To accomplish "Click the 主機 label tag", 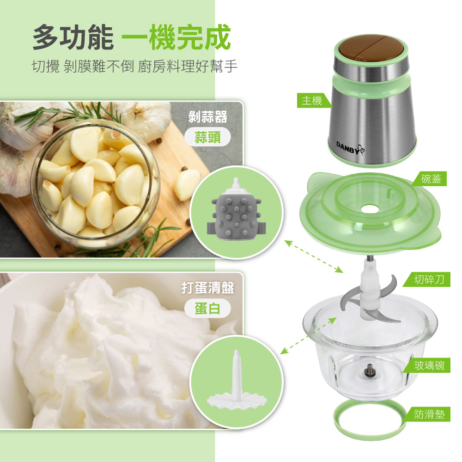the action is pyautogui.click(x=313, y=100).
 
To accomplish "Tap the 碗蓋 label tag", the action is pyautogui.click(x=430, y=179).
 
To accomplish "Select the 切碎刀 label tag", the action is pyautogui.click(x=427, y=280).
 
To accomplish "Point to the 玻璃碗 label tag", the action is pyautogui.click(x=427, y=365).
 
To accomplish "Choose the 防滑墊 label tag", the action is pyautogui.click(x=427, y=414).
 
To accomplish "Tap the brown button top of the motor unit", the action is pyautogui.click(x=371, y=47).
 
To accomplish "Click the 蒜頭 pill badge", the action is pyautogui.click(x=207, y=137).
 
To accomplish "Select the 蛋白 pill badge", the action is pyautogui.click(x=207, y=308).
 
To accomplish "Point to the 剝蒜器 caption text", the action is pyautogui.click(x=208, y=117).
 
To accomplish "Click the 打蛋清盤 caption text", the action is pyautogui.click(x=208, y=287).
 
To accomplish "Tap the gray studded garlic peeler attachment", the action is pyautogui.click(x=236, y=210).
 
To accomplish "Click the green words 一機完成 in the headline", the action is pyautogui.click(x=176, y=37).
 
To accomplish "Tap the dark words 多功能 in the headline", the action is pyautogui.click(x=73, y=37).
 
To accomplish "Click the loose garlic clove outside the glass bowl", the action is pyautogui.click(x=187, y=185).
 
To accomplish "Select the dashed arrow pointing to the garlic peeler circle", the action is pyautogui.click(x=314, y=256).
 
